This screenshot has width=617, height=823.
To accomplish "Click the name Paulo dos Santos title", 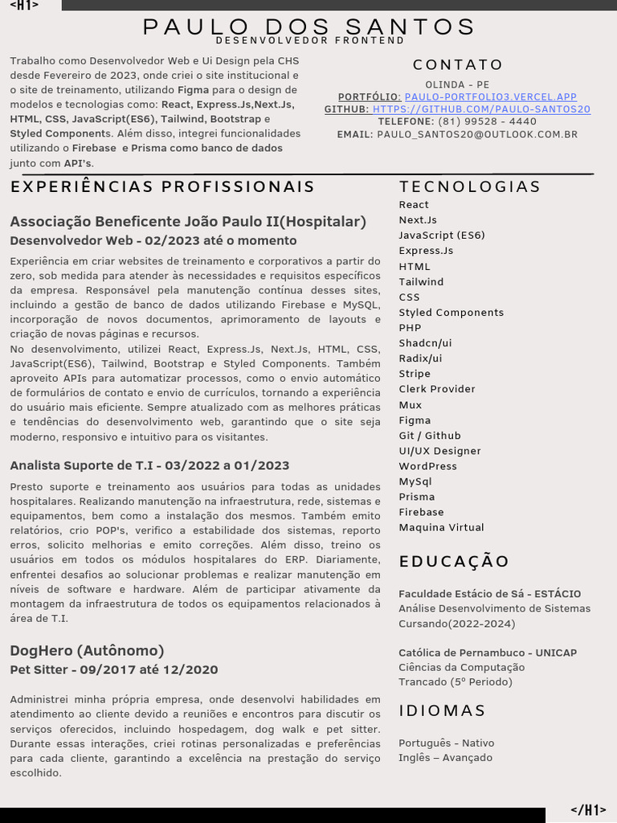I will point(309,27).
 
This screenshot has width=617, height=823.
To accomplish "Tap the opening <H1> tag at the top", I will point(24,6).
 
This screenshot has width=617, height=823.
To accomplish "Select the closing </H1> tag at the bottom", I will point(588,810).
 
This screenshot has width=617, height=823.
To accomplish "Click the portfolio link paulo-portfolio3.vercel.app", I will point(490,97).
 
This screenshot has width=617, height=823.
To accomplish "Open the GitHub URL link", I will point(481,109).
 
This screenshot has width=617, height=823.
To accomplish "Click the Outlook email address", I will point(477,135).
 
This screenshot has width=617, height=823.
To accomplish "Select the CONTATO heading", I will point(458,65).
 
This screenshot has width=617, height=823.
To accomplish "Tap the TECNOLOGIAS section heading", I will point(470,187).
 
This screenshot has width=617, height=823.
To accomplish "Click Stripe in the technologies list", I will point(415,374).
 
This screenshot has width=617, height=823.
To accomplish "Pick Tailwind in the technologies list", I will point(421,282).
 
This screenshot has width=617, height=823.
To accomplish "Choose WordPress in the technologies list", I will point(427,466).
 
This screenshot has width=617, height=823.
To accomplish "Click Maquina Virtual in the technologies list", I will point(441,528).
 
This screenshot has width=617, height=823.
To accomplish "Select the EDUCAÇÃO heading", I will point(454,562).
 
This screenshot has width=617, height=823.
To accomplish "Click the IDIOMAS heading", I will point(443,711).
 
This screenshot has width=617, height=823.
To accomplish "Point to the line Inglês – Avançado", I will point(445,758).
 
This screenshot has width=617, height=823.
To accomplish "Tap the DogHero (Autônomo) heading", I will point(87,650).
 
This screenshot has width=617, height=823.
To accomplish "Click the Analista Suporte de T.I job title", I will point(149,465).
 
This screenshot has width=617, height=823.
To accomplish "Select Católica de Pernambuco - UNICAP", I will point(488,653).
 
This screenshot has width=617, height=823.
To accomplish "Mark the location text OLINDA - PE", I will point(457,84).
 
